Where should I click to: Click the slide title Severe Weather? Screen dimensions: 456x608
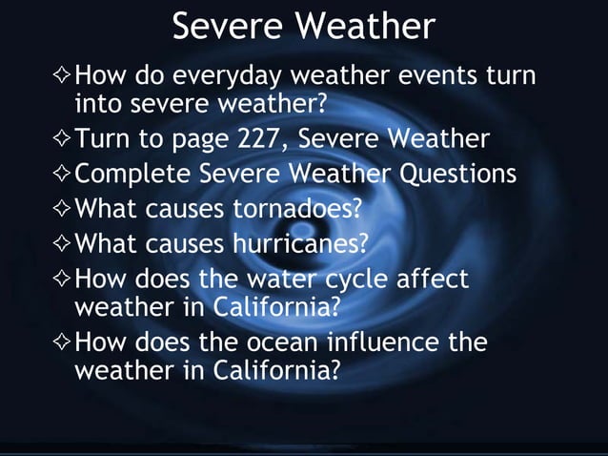(303, 28)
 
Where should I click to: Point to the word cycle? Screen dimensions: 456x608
(357, 279)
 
